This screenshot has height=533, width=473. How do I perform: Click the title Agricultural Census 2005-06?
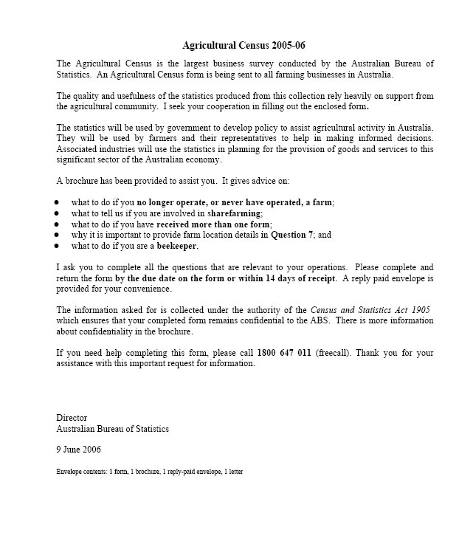(x=244, y=45)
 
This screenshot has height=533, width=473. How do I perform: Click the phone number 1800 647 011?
(x=284, y=353)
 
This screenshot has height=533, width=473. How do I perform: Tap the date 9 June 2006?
(x=79, y=449)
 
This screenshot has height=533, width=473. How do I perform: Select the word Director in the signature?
(x=72, y=418)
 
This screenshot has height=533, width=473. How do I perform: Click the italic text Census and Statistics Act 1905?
(x=370, y=310)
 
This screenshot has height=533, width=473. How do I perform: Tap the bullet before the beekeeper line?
(x=57, y=247)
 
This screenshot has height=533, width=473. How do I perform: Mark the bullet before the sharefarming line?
(x=57, y=213)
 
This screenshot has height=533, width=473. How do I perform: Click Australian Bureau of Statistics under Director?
(x=113, y=429)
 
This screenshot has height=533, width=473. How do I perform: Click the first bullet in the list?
(x=57, y=202)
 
